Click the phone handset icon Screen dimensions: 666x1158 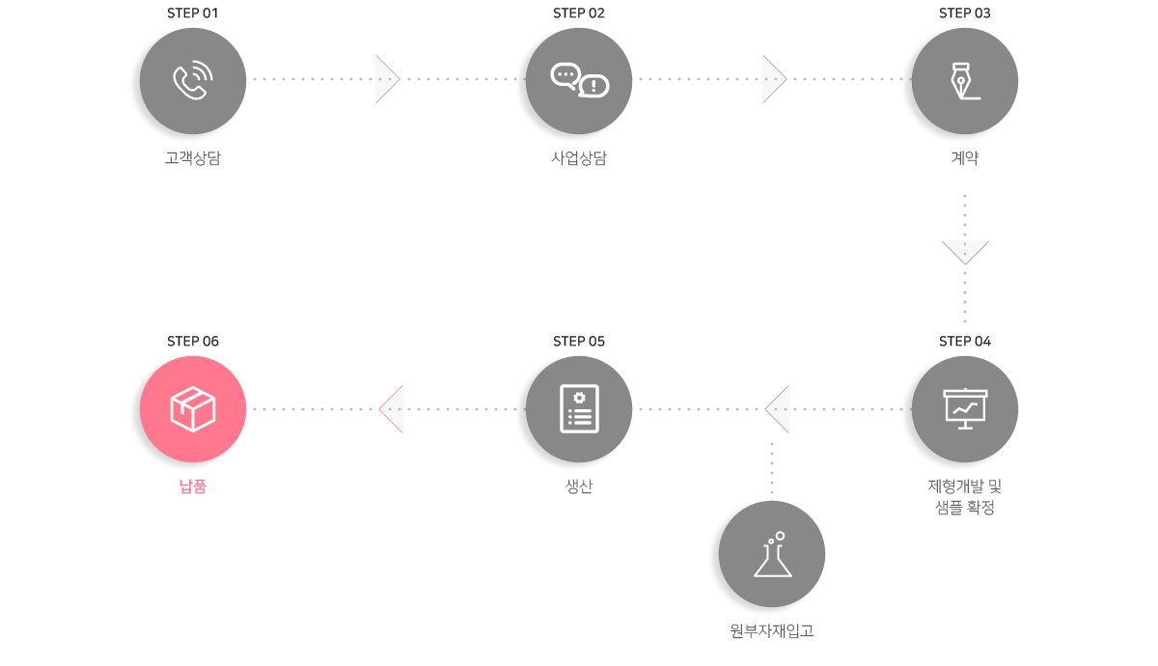193,80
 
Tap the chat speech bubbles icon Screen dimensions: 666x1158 579,80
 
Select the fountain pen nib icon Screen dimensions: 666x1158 965,80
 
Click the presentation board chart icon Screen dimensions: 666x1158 965,408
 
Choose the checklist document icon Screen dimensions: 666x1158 579,408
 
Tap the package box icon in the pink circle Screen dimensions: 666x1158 193,408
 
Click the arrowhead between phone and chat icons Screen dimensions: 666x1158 387,79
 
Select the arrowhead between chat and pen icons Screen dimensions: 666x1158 774,79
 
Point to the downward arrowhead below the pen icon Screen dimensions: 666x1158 965,253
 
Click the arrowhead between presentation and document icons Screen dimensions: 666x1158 778,409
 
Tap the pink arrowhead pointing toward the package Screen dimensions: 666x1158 392,409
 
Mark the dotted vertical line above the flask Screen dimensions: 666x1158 772,468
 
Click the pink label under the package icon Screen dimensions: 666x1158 193,486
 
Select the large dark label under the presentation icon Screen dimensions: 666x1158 964,497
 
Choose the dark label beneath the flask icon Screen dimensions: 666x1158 772,631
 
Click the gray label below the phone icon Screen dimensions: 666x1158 193,158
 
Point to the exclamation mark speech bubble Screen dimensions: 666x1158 593,86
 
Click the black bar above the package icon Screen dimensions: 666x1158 193,341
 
